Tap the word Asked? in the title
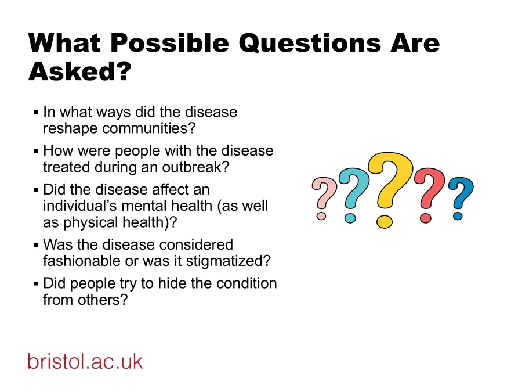80,73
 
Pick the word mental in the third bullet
143,206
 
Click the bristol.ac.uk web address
85,361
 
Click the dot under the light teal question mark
350,218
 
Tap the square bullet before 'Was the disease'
36,244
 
